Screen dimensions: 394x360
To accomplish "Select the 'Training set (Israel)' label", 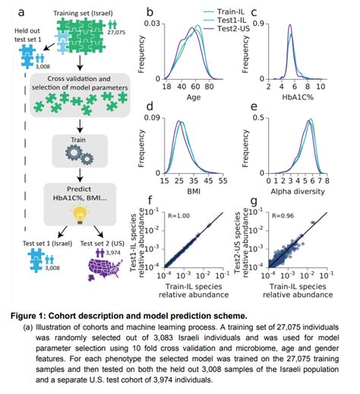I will (82, 14).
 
